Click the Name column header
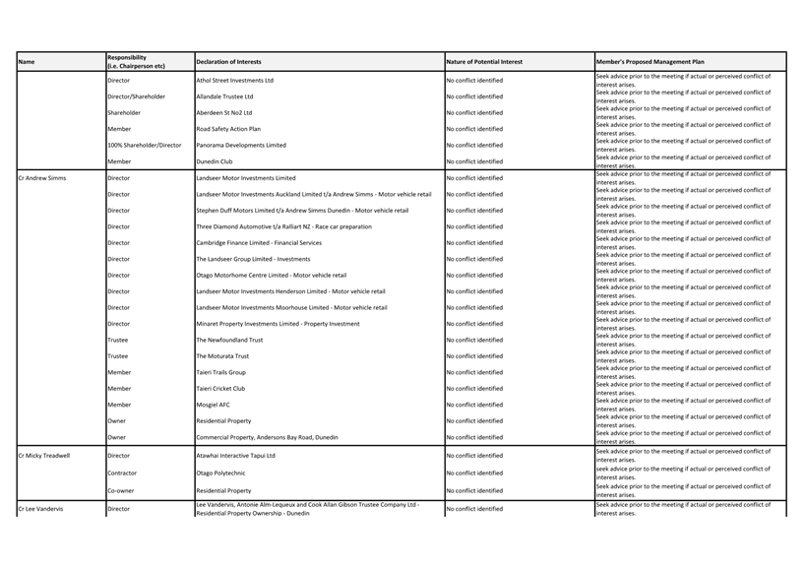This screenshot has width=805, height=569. (x=27, y=62)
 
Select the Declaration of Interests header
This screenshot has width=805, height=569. (x=228, y=62)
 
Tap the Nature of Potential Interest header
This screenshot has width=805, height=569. (x=484, y=62)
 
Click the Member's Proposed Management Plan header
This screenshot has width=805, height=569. (x=650, y=62)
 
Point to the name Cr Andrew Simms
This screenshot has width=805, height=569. (x=42, y=178)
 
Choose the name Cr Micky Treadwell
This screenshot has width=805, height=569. (x=44, y=456)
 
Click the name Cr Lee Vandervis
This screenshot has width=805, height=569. (x=40, y=509)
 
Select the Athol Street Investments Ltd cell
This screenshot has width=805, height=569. (x=234, y=81)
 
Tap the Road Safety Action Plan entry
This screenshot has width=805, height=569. (x=228, y=129)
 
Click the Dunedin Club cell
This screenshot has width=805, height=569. (x=214, y=161)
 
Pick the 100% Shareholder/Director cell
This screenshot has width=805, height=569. (x=144, y=145)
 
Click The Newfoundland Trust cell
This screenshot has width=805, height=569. (x=229, y=340)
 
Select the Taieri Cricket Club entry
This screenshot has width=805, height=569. (x=220, y=388)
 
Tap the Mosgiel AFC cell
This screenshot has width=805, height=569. (x=214, y=405)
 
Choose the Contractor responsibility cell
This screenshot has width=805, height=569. (x=122, y=473)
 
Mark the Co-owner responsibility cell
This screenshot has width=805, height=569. (x=121, y=490)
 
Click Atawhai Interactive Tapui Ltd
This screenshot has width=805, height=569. (x=235, y=456)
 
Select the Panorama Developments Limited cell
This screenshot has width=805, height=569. (x=241, y=145)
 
